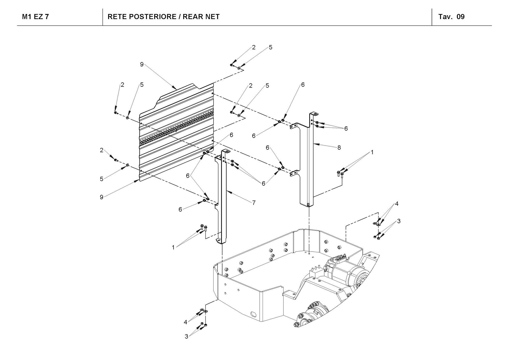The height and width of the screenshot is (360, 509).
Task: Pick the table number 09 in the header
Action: (461, 17)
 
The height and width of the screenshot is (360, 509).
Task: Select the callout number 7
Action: (254, 203)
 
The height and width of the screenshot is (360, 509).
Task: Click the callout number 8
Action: (339, 147)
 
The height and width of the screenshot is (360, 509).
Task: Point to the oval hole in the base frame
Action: (253, 314)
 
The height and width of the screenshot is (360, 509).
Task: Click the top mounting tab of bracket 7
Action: (226, 152)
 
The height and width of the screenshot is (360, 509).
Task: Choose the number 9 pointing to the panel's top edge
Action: (142, 64)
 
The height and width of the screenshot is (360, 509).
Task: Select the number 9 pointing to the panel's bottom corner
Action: (102, 197)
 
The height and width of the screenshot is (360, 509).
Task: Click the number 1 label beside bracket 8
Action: (372, 152)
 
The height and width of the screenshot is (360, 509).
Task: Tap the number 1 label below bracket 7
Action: (173, 247)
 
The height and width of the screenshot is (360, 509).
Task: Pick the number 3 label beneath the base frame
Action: (186, 337)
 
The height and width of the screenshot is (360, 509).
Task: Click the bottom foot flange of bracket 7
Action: (219, 241)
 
